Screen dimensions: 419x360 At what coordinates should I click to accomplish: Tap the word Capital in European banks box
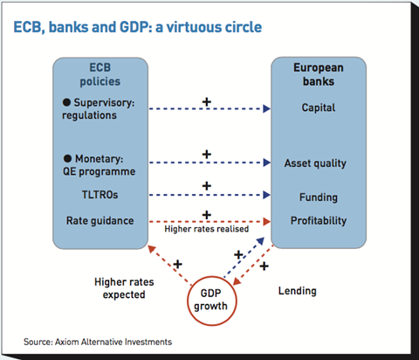point(319,107)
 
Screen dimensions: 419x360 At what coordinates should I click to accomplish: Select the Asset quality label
point(315,163)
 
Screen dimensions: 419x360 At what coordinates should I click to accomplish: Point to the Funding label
point(319,197)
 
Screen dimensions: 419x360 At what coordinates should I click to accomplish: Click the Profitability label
point(319,221)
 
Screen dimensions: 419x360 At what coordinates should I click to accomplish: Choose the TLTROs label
point(100,195)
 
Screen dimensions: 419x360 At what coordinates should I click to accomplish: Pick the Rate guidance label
point(100,221)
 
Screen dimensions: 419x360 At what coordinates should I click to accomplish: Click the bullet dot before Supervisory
point(66,102)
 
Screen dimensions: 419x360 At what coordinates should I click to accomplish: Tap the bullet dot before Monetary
point(67,158)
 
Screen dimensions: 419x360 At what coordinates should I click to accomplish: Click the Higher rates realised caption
point(207,229)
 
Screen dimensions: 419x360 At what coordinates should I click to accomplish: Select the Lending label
point(298,291)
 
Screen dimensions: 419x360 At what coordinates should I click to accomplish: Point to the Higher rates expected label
point(124,288)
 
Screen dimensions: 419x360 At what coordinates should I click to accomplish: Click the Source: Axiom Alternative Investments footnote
point(98,342)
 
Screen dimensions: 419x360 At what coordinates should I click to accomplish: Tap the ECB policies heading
point(100,74)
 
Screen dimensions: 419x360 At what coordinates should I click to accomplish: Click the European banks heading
point(319,74)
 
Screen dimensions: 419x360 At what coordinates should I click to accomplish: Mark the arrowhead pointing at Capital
point(266,108)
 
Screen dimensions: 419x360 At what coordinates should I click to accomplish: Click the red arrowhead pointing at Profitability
point(267,222)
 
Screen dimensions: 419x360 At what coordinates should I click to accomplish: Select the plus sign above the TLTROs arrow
point(207,186)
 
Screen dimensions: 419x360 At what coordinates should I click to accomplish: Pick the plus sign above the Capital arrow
point(207,102)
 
